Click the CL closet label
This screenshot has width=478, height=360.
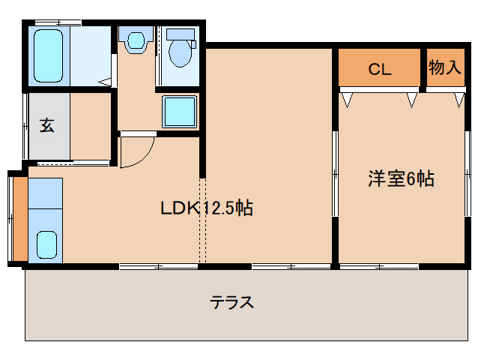point(380,70)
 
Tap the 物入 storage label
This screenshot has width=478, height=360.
point(444,67)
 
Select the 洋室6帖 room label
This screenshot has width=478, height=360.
point(401,179)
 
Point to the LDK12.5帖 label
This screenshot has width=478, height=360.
point(206,208)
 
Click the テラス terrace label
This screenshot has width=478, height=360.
point(232,303)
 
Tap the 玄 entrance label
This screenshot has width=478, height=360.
point(46,125)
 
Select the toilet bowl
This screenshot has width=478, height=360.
point(181,54)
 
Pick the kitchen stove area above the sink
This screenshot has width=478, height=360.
point(45,193)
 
